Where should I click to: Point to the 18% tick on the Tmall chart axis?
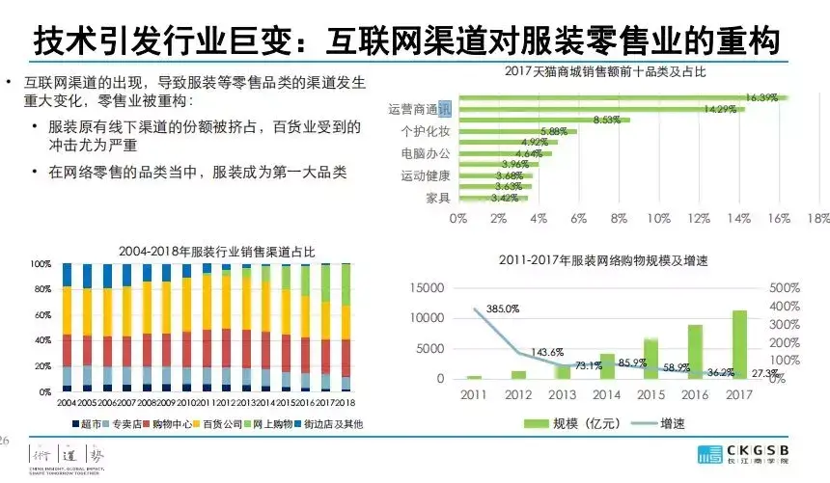pos(818,219)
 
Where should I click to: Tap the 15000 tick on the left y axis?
pos(427,288)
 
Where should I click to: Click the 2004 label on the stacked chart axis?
pos(68,401)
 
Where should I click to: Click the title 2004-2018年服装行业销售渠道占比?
pos(209,251)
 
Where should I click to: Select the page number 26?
pos(5,440)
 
